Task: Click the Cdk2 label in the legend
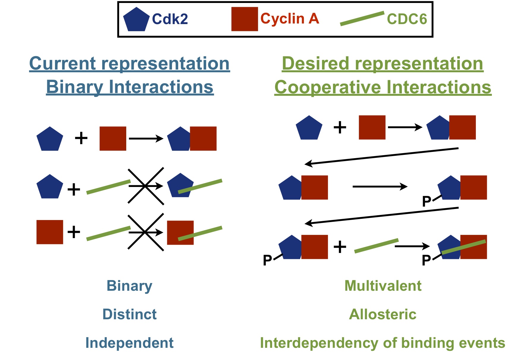click(170, 19)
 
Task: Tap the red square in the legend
click(244, 19)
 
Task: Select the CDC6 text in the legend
click(407, 19)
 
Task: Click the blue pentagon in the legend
click(136, 20)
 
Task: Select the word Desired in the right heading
click(316, 64)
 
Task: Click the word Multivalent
click(383, 286)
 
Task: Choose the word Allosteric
click(383, 314)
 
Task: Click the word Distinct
click(129, 314)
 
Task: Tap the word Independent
click(129, 343)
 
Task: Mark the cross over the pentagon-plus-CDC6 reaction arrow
click(146, 186)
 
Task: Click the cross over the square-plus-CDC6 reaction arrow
click(146, 232)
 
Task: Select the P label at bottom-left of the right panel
click(267, 260)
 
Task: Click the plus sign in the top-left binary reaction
click(81, 138)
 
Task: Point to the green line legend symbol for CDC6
click(362, 18)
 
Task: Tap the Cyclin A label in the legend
click(290, 19)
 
